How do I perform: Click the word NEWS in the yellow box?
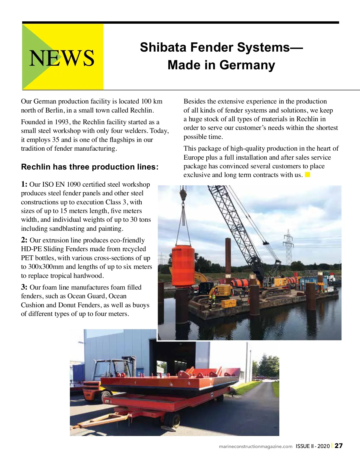pyautogui.click(x=62, y=58)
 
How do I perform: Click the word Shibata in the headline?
pyautogui.click(x=163, y=47)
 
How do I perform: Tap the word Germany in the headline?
pyautogui.click(x=247, y=65)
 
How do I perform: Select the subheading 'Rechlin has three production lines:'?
pyautogui.click(x=90, y=167)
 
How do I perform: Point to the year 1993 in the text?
pyautogui.click(x=61, y=122)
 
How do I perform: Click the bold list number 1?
pyautogui.click(x=24, y=184)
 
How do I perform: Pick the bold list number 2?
pyautogui.click(x=24, y=240)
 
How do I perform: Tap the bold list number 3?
pyautogui.click(x=24, y=287)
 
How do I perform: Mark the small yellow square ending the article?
pyautogui.click(x=307, y=175)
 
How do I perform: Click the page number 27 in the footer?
pyautogui.click(x=339, y=446)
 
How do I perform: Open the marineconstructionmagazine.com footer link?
pyautogui.click(x=256, y=446)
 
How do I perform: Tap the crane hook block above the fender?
pyautogui.click(x=183, y=194)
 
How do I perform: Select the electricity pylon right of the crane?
pyautogui.click(x=289, y=248)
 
